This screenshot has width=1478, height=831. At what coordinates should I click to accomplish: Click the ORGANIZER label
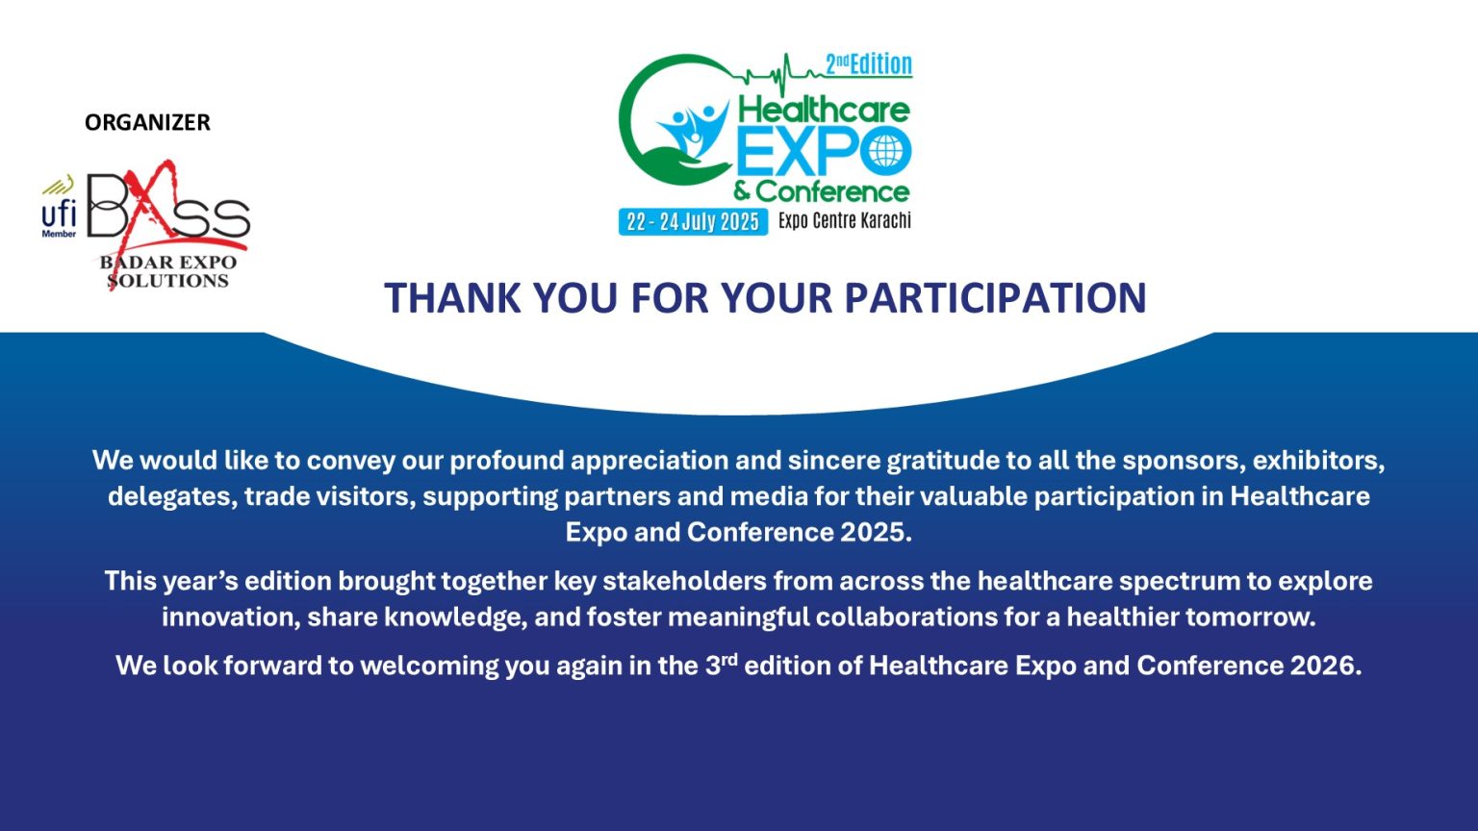pos(147,123)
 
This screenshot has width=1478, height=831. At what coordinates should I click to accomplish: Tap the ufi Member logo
pos(59,207)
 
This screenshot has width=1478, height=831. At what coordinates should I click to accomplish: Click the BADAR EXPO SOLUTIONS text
pos(168,271)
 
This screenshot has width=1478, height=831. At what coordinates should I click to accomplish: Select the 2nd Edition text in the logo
pos(869,64)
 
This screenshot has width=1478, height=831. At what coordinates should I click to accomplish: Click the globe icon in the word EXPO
pos(885,151)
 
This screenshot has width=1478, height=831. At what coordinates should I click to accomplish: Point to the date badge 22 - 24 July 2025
pos(693,221)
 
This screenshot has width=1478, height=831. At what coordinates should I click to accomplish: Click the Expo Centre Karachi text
pos(845,220)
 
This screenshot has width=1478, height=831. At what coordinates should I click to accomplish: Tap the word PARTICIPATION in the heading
pos(995,297)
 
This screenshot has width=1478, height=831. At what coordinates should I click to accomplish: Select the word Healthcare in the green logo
pos(824,110)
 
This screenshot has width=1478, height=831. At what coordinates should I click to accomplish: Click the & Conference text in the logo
pos(822,192)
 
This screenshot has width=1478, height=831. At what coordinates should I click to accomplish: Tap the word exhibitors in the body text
pos(1319,461)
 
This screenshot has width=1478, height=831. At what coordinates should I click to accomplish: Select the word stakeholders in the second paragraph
pos(684,581)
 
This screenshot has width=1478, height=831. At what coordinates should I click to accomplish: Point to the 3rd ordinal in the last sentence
pos(721,665)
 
